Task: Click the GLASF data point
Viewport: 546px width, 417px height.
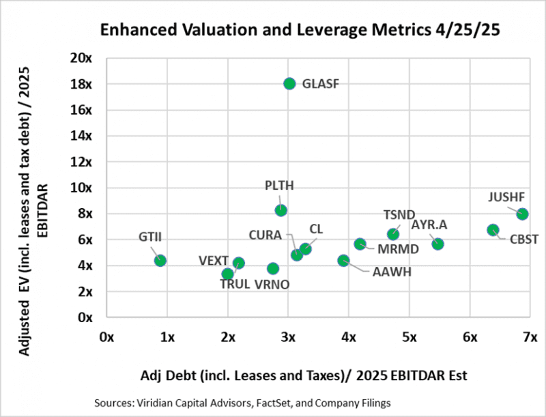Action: tap(289, 84)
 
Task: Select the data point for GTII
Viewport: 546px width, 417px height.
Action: tap(160, 260)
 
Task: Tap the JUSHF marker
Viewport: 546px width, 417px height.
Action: tap(522, 214)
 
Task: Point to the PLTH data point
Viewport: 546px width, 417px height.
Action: tap(281, 210)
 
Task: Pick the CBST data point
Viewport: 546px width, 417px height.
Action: tap(493, 230)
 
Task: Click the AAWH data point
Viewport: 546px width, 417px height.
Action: tap(343, 260)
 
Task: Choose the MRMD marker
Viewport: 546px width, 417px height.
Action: tap(360, 244)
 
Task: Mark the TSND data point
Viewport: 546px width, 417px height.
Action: tap(393, 235)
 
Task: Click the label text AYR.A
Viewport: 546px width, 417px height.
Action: tap(429, 225)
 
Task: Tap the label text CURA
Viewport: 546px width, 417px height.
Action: tap(265, 235)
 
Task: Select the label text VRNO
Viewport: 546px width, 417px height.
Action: tap(272, 285)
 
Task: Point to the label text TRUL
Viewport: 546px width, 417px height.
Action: tap(235, 285)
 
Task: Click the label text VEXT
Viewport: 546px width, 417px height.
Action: tap(212, 260)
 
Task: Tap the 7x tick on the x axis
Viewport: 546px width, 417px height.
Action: tap(530, 336)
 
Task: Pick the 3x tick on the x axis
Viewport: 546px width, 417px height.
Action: tap(288, 336)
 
